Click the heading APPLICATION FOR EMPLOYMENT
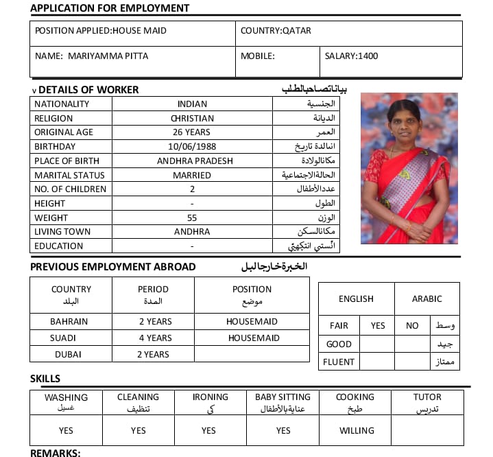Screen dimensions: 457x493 coord(110,8)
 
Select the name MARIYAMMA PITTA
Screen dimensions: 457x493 coord(108,56)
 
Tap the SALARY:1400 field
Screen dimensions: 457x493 coord(351,56)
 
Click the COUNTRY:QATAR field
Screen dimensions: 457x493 coord(276,31)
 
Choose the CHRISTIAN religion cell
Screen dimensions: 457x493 coord(192,118)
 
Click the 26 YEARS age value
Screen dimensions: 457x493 coord(192,132)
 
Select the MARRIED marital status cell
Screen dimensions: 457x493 coord(192,175)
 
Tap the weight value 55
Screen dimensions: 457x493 coord(192,218)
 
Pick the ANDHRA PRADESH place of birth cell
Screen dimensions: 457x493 coord(195,161)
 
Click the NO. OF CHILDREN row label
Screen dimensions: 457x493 coord(71,189)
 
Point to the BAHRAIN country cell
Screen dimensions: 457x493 coord(69,321)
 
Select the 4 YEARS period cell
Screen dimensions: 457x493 coord(156,338)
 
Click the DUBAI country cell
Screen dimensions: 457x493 coord(68,354)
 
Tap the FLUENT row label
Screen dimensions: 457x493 coord(340,362)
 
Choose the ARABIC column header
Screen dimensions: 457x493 coord(426,299)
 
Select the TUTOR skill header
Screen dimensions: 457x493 coord(427,397)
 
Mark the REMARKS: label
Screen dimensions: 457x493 coord(56,453)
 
